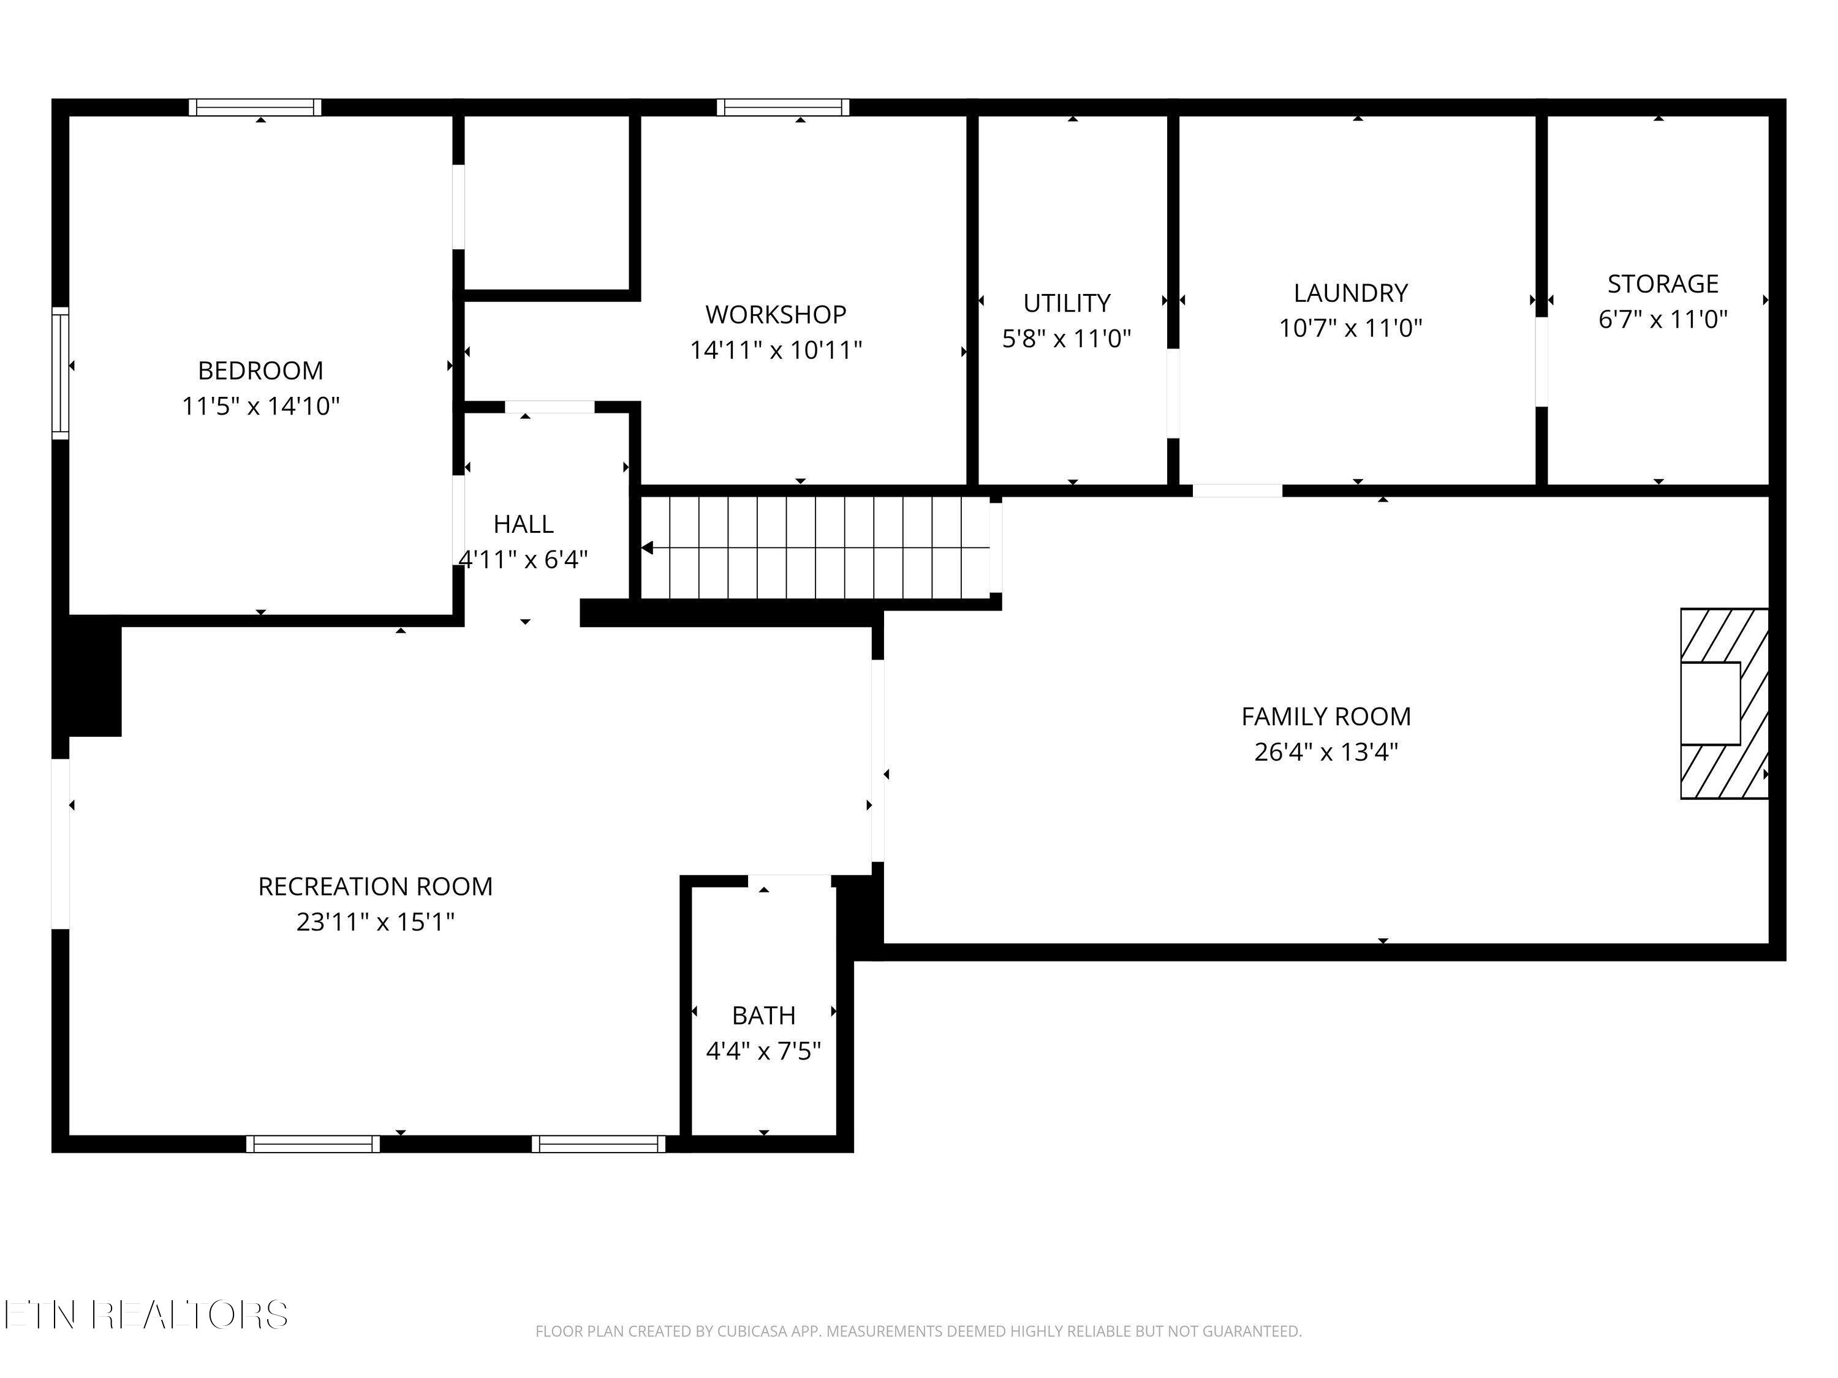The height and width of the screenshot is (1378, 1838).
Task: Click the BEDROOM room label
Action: click(x=260, y=371)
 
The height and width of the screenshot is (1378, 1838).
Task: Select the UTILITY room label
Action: click(x=1067, y=303)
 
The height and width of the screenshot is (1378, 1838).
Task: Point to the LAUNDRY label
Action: click(x=1350, y=293)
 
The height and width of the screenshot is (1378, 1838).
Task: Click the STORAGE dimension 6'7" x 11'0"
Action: click(x=1663, y=319)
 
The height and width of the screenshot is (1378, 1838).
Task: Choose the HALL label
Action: click(x=523, y=524)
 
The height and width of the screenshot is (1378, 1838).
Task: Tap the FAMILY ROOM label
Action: click(x=1326, y=716)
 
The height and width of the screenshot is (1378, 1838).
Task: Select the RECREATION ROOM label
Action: click(x=376, y=887)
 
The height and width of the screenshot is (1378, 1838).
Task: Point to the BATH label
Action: click(x=763, y=1015)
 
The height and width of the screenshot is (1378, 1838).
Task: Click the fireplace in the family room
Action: click(x=1723, y=704)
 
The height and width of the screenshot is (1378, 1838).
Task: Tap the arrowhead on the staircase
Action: click(x=648, y=548)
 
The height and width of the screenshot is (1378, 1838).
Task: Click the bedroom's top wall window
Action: click(x=254, y=107)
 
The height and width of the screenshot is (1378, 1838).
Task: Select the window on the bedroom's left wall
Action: click(x=60, y=372)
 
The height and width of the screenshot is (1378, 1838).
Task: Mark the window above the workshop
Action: click(x=783, y=107)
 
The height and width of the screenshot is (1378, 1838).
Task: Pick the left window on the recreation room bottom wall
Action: click(x=313, y=1144)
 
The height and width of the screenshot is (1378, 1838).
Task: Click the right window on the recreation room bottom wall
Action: click(x=598, y=1144)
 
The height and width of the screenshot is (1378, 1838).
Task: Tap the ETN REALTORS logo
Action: click(x=146, y=1315)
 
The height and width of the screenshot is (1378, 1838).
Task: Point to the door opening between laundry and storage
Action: click(x=1541, y=361)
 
